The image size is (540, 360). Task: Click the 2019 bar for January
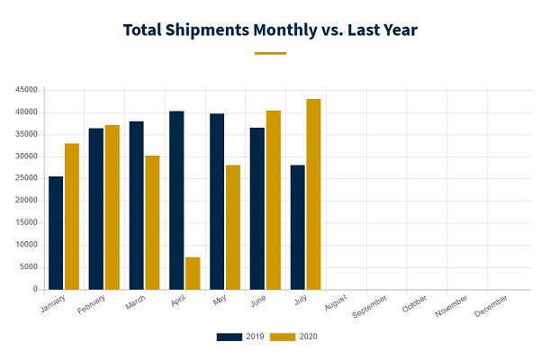[56, 233]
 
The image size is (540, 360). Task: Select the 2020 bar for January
[72, 217]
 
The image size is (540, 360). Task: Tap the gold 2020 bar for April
[193, 274]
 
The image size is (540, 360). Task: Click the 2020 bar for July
[313, 194]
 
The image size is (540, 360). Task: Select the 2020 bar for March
[152, 222]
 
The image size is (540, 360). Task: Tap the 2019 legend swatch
[229, 337]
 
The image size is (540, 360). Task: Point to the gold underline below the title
[270, 53]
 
